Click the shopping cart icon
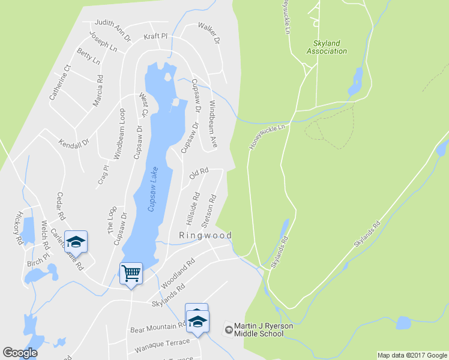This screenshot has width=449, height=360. (x=131, y=274)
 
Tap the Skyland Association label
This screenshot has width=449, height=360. (x=327, y=47)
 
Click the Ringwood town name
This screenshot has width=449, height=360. (x=205, y=236)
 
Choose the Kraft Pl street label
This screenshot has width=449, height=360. (x=155, y=36)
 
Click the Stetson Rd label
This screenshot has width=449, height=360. (x=209, y=211)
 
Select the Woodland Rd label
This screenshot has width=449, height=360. (x=178, y=272)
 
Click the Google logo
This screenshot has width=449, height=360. (x=20, y=353)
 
